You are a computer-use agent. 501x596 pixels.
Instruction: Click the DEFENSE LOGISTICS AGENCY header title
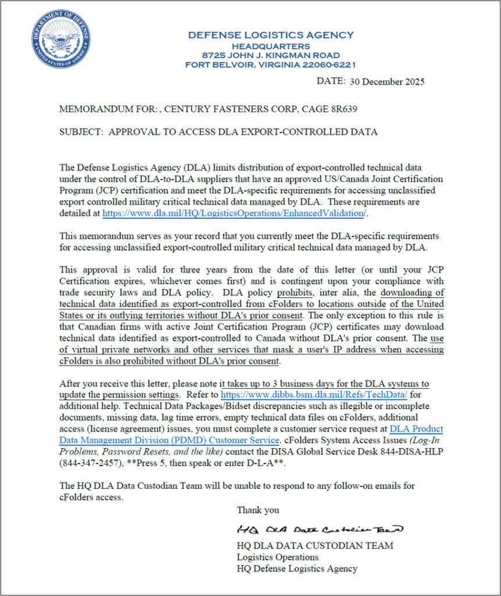[270, 36]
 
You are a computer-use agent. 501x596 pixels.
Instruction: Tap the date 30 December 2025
[387, 81]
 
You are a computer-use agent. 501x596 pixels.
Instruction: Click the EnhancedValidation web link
[235, 213]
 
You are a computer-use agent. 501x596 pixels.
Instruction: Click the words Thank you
[257, 510]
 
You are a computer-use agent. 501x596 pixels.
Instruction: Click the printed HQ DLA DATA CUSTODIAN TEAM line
[314, 545]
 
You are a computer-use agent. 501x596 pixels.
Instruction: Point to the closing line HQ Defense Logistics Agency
[296, 568]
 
